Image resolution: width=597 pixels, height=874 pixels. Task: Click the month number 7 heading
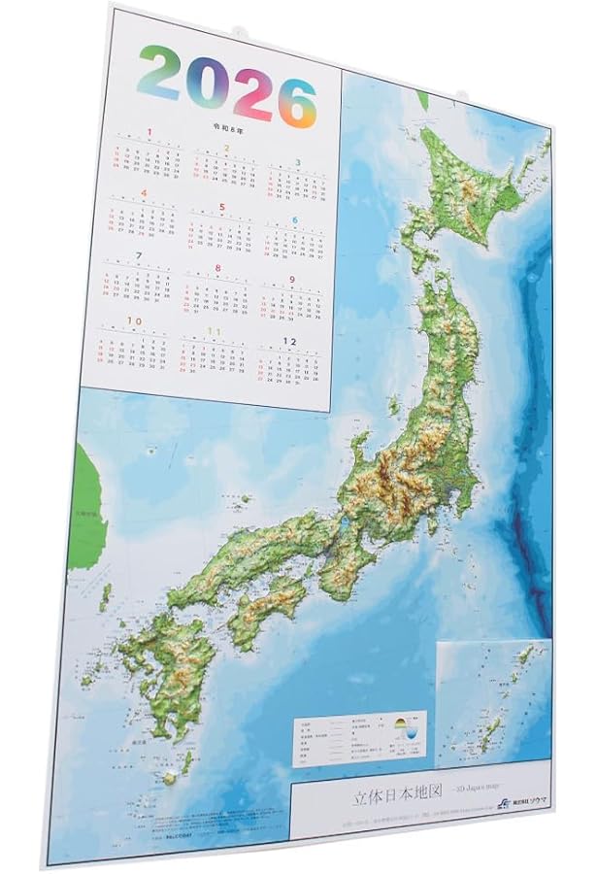(139, 255)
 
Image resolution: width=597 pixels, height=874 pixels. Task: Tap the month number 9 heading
(291, 280)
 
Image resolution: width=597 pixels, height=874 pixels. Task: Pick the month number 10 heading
(134, 319)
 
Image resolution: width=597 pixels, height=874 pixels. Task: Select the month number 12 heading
(288, 341)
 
